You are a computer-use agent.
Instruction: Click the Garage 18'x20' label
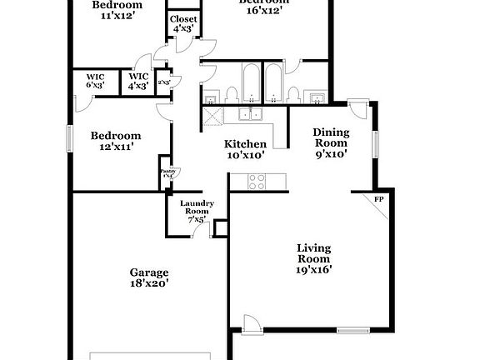pos(149,277)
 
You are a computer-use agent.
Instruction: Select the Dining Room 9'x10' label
pos(330,142)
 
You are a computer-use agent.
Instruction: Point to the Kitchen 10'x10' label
pos(246,149)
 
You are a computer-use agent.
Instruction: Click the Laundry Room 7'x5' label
pos(198,208)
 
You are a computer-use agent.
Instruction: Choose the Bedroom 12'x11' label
pos(116,141)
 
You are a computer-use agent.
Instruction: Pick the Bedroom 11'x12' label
pos(117,9)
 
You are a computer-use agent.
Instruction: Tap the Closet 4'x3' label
pos(183,23)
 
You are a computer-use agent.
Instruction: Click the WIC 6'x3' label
pos(95,80)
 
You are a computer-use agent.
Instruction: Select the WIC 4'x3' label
pos(137,80)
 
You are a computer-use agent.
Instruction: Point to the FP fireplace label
pos(378,199)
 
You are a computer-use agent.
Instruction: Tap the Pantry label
pos(167,172)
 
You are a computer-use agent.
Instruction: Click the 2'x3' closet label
pos(164,82)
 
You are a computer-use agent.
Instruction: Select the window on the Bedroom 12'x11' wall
pos(70,138)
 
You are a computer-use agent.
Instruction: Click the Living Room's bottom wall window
pos(352,331)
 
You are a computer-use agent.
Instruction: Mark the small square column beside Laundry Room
pos(221,227)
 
